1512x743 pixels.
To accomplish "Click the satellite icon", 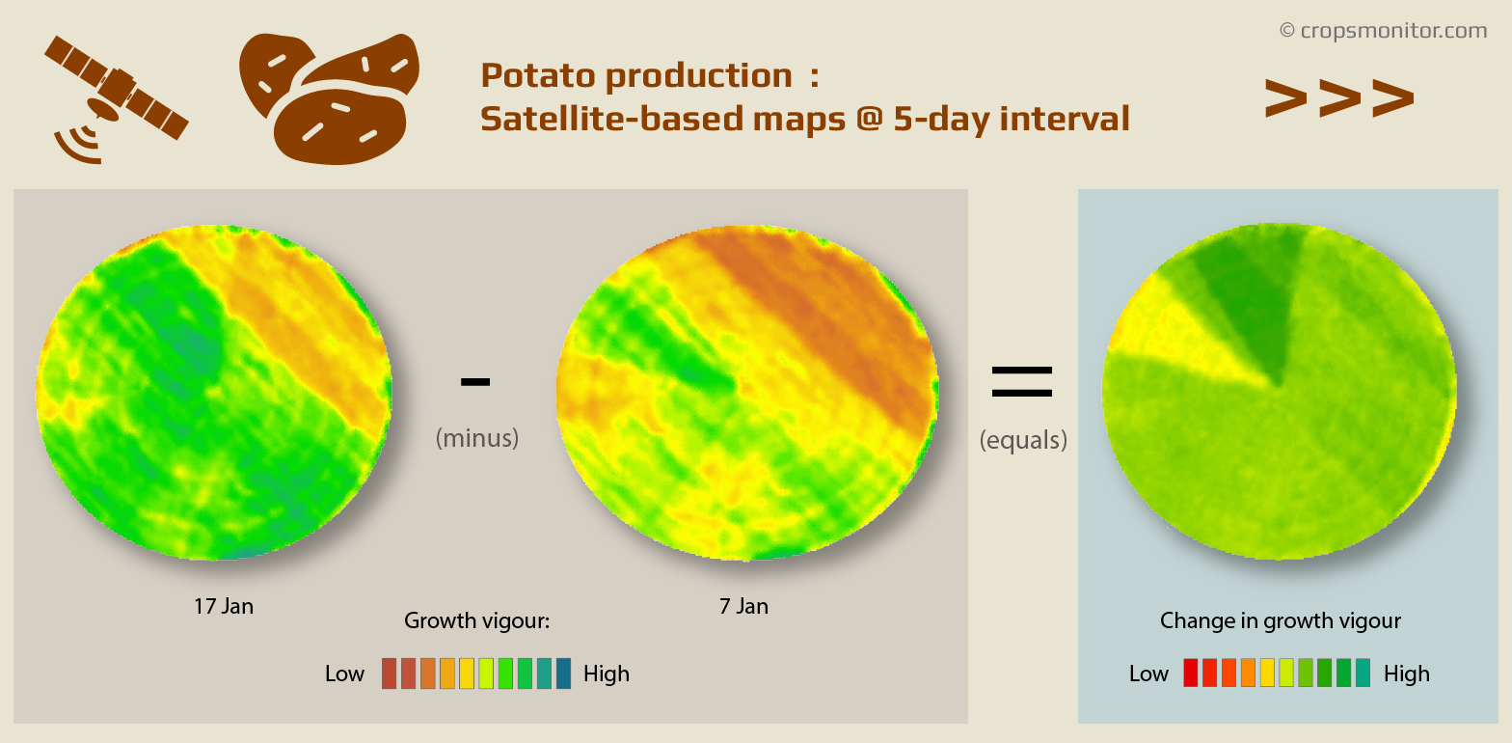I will (x=114, y=96).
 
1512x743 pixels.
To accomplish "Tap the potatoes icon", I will (x=328, y=96).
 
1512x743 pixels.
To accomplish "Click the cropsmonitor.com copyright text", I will (x=1383, y=31).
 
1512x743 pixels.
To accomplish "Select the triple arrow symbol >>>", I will (x=1338, y=97).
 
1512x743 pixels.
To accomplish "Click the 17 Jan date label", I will (x=223, y=606).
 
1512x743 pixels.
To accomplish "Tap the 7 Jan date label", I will (x=743, y=606).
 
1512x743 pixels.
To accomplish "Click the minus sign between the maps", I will (x=475, y=382).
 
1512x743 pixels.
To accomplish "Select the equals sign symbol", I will (x=1022, y=382).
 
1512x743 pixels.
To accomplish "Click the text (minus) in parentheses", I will (x=476, y=438).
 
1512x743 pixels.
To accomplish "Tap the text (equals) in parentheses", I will (x=1023, y=440).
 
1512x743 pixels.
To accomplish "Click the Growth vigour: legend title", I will (x=476, y=620).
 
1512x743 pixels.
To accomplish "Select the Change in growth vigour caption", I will (x=1280, y=620).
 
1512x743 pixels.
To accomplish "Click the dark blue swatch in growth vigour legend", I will (x=563, y=674).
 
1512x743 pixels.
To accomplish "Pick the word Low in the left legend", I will (x=344, y=674).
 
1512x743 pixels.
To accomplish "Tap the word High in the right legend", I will (x=1406, y=674).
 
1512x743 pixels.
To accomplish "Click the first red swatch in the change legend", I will (x=1190, y=673).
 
